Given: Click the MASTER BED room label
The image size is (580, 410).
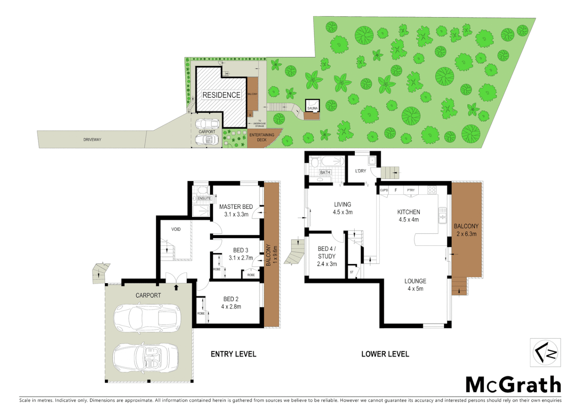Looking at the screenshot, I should click(236, 207).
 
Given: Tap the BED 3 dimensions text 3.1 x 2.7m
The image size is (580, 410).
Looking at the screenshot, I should click(241, 258).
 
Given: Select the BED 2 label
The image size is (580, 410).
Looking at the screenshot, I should click(231, 299).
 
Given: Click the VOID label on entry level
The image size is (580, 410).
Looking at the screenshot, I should click(176, 229).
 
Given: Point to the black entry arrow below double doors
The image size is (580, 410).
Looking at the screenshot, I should click(176, 287).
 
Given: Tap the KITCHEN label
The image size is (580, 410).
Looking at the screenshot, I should click(408, 212).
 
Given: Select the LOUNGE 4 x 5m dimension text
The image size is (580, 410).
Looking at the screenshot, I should click(415, 289).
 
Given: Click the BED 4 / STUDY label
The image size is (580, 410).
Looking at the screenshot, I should click(326, 252).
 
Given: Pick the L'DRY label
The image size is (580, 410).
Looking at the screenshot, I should click(361, 171).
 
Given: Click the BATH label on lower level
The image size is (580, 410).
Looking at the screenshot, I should click(325, 172).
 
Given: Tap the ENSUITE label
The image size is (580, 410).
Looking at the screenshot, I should click(204, 199).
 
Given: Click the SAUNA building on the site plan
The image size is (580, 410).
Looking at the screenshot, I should click(312, 105).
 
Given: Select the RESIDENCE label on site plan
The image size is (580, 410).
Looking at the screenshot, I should click(221, 95).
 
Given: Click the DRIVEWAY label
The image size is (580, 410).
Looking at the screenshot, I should click(92, 140).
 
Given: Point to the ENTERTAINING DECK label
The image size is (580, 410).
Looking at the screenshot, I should click(262, 137).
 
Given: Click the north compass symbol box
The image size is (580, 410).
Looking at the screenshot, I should click(545, 353).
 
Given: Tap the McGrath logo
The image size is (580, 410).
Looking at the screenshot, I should click(513, 385).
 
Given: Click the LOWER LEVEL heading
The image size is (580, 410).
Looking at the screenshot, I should click(385, 354).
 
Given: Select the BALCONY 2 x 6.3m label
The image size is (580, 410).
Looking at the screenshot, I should click(466, 230).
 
